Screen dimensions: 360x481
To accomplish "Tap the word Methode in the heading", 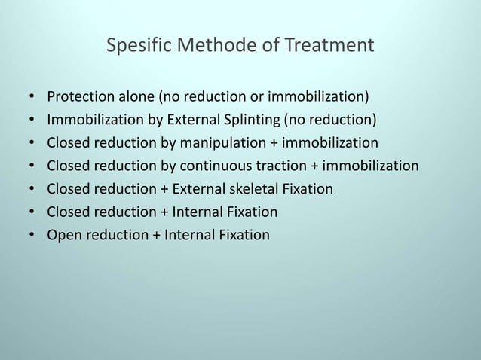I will coord(209,47).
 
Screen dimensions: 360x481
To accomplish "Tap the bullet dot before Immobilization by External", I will coord(32,121).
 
